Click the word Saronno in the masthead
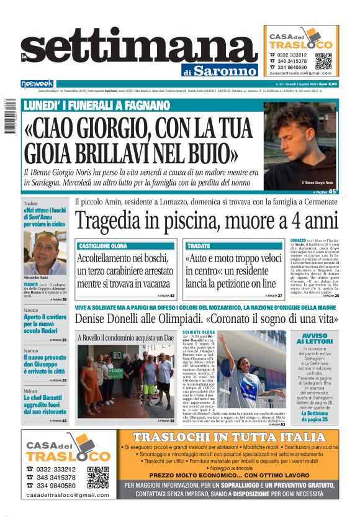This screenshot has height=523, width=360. pyautogui.click(x=227, y=70)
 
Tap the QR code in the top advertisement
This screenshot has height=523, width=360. pyautogui.click(x=323, y=61)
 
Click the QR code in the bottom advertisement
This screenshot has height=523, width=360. pyautogui.click(x=98, y=476)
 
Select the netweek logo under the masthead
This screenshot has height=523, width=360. pyautogui.click(x=37, y=84)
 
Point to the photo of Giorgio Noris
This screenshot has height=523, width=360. pyautogui.click(x=302, y=147)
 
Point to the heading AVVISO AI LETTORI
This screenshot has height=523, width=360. pyautogui.click(x=316, y=338)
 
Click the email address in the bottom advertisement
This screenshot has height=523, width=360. pyautogui.click(x=68, y=494)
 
